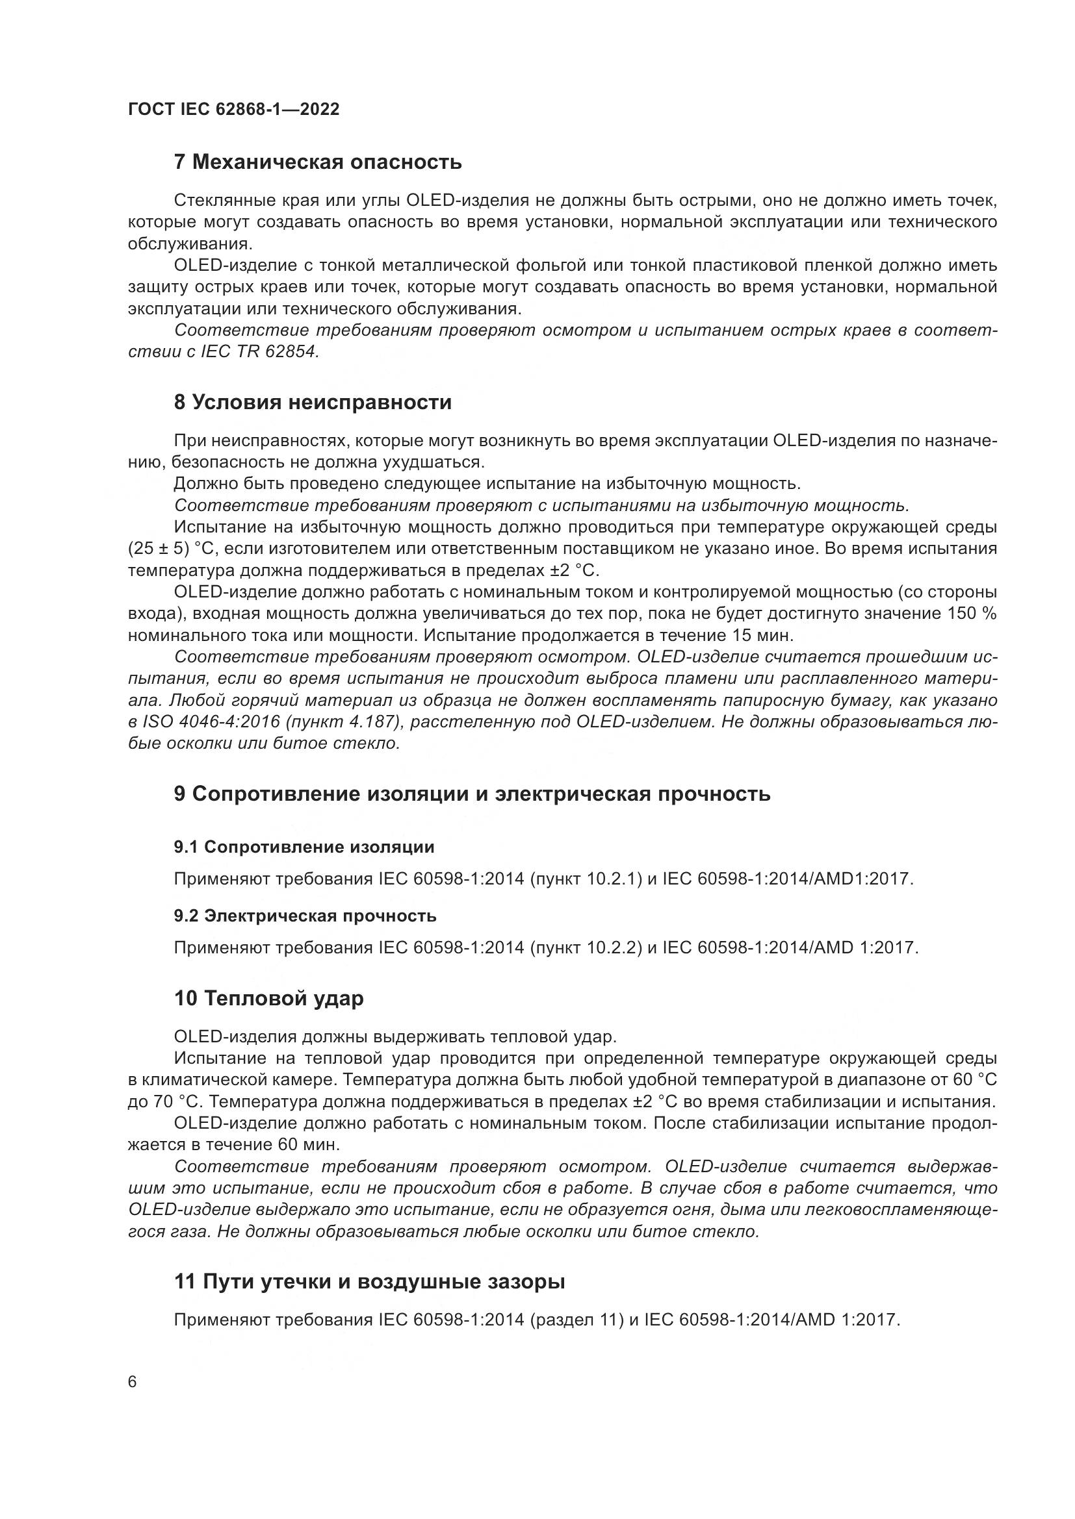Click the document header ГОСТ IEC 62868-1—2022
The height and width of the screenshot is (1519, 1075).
[x=233, y=109]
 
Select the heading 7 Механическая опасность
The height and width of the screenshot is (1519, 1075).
[x=317, y=162]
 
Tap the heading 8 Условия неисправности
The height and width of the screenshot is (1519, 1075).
[x=313, y=402]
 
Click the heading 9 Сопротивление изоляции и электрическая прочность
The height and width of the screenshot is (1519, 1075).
[x=472, y=794]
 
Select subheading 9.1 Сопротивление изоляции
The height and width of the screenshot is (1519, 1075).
[x=304, y=847]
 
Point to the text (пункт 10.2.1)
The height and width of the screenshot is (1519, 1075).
[x=586, y=879]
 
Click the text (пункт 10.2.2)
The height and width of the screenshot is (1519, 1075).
[x=586, y=948]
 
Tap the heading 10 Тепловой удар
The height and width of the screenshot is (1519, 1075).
[x=269, y=998]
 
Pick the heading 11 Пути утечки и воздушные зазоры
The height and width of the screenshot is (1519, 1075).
[x=369, y=1282]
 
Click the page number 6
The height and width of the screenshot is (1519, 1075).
[x=133, y=1382]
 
